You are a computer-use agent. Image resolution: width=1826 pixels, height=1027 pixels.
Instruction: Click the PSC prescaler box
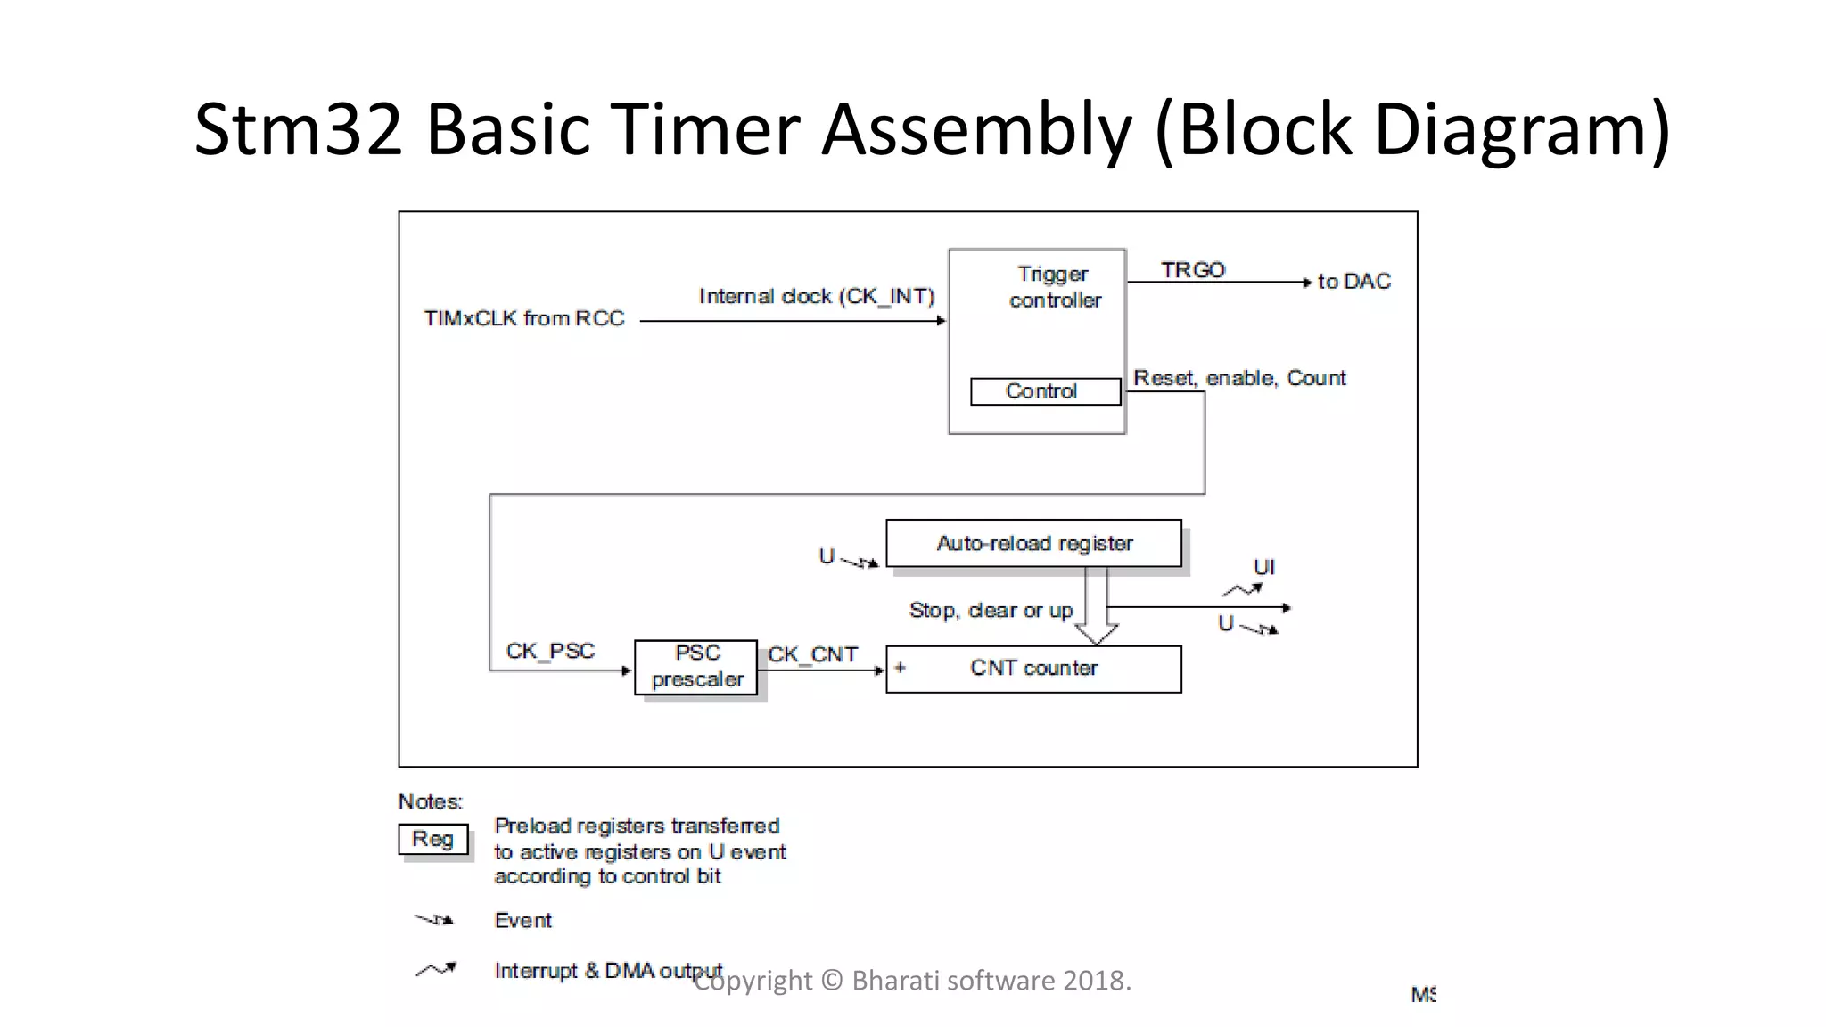pyautogui.click(x=696, y=667)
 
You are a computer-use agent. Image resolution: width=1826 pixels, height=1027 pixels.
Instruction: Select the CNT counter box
pyautogui.click(x=1033, y=669)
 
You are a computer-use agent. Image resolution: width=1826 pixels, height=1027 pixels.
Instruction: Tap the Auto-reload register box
pyautogui.click(x=1033, y=543)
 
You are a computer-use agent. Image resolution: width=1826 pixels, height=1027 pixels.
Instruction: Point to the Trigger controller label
pyautogui.click(x=1054, y=287)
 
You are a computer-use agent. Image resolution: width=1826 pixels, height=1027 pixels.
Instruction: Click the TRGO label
pyautogui.click(x=1193, y=269)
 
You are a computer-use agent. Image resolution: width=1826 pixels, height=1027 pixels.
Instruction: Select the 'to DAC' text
pyautogui.click(x=1353, y=282)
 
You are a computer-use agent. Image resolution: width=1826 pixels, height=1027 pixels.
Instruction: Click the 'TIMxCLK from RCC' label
pyautogui.click(x=523, y=318)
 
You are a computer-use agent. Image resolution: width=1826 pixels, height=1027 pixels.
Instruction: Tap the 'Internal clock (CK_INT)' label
pyautogui.click(x=816, y=296)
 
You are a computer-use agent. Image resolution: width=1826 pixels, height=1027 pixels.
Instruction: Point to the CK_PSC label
pyautogui.click(x=550, y=651)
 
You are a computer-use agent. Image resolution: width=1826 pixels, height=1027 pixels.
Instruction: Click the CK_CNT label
pyautogui.click(x=812, y=654)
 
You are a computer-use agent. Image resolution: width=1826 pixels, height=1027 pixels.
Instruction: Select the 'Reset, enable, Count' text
pyautogui.click(x=1238, y=378)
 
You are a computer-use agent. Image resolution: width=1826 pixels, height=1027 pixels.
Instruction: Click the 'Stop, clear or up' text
pyautogui.click(x=990, y=611)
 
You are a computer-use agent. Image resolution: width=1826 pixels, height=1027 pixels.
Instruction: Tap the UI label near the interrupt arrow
pyautogui.click(x=1263, y=567)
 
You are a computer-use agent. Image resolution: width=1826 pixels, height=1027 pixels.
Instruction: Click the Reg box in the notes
pyautogui.click(x=433, y=839)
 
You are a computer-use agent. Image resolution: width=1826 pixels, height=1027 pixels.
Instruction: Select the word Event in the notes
pyautogui.click(x=522, y=920)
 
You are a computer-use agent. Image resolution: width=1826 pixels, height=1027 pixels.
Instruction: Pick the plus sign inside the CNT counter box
pyautogui.click(x=901, y=667)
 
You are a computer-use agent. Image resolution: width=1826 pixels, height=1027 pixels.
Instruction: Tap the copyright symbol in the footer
pyautogui.click(x=831, y=981)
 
